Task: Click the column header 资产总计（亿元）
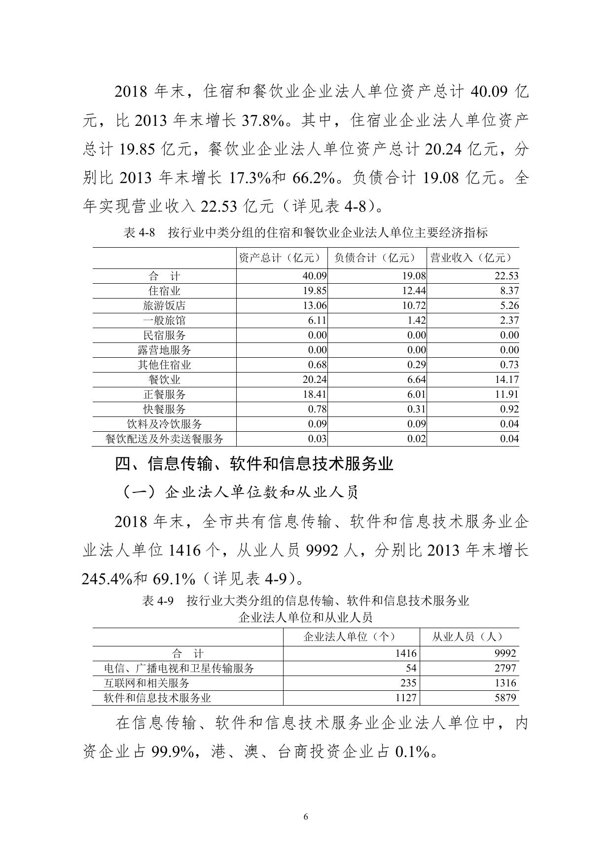[x=282, y=258]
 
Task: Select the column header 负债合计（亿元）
[x=377, y=258]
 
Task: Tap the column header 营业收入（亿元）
[x=472, y=258]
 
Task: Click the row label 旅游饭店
[x=164, y=306]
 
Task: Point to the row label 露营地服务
[x=164, y=350]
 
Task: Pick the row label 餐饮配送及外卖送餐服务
[x=164, y=439]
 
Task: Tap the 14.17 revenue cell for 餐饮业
[x=508, y=380]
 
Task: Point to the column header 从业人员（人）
[x=468, y=637]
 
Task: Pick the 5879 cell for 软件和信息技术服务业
[x=503, y=698]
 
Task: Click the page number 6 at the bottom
[x=306, y=817]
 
